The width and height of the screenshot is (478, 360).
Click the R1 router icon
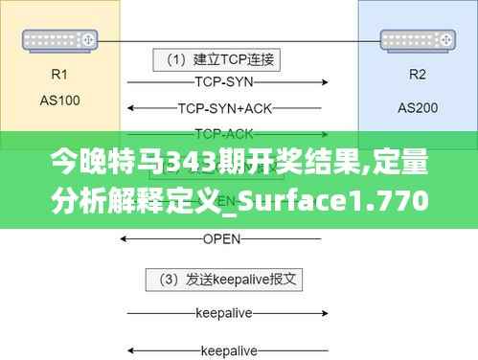[x=59, y=39]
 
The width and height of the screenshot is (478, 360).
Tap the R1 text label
[x=59, y=74]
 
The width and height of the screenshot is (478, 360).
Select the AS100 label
[x=59, y=98]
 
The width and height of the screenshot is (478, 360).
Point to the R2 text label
[x=418, y=74]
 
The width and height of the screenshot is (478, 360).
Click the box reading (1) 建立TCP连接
[x=219, y=59]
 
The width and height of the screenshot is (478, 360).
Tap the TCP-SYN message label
[x=222, y=82]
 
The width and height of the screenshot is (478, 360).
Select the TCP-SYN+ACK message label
[x=222, y=107]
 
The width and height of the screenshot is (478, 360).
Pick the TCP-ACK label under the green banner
[x=222, y=132]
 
